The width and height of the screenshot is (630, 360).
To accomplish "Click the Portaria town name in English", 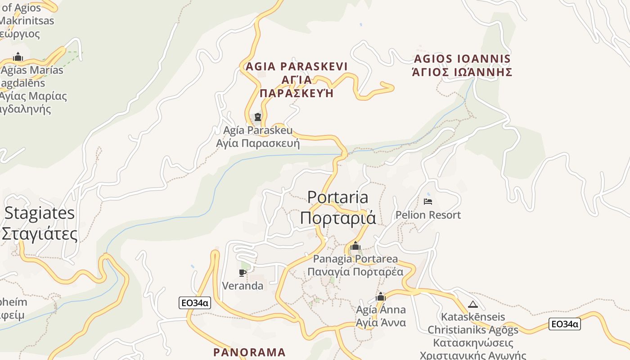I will click(337, 197).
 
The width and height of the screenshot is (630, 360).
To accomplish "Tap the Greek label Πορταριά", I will click(337, 218).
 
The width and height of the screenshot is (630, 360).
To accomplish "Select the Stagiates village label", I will click(40, 213).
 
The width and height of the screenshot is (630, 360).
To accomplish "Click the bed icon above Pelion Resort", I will click(428, 201).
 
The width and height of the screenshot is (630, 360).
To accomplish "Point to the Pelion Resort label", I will click(428, 215).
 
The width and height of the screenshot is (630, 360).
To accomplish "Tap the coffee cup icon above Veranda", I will click(243, 272).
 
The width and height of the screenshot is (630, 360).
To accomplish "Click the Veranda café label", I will click(243, 286).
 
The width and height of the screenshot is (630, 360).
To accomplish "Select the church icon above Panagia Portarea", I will click(355, 246).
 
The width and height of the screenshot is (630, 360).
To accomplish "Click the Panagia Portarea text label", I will click(355, 259).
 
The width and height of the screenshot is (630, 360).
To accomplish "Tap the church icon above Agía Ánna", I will click(381, 297).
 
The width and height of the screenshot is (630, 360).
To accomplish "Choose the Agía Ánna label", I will click(381, 310).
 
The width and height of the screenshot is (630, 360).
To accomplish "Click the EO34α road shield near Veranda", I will click(195, 303).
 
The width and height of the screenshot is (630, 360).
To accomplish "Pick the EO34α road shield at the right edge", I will click(565, 324).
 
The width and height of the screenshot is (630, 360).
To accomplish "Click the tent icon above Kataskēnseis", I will click(472, 304).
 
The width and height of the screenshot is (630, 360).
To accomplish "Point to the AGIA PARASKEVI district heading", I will click(297, 67).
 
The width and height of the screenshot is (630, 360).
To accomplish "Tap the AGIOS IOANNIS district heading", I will click(462, 59).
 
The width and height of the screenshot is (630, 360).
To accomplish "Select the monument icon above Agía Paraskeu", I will click(258, 117).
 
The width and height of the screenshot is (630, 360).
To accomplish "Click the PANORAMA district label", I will click(249, 352).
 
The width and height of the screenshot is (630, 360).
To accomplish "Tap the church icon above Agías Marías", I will click(18, 57).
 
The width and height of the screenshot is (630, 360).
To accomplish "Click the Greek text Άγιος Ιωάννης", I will click(462, 72).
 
